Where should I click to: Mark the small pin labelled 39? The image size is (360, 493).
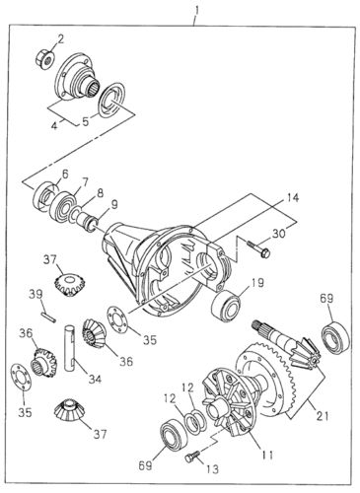tap(46, 316)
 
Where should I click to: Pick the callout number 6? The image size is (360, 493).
tap(65, 174)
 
